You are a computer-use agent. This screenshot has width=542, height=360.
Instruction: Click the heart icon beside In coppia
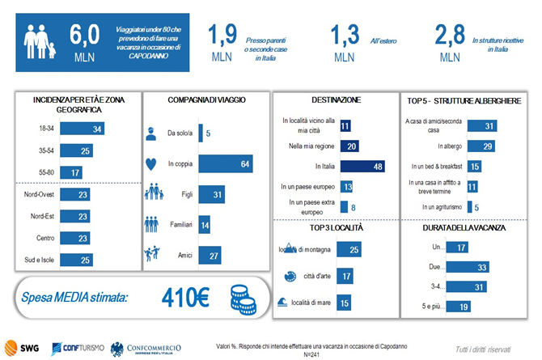point(151,164)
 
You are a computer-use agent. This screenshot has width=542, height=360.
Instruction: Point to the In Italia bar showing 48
point(364,167)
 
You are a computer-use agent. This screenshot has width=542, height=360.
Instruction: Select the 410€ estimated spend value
point(187,298)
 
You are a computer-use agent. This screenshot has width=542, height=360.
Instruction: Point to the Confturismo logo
point(78,348)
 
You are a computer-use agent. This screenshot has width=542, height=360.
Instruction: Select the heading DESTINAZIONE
point(334,100)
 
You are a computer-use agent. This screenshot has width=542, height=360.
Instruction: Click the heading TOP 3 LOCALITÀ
point(334,229)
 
